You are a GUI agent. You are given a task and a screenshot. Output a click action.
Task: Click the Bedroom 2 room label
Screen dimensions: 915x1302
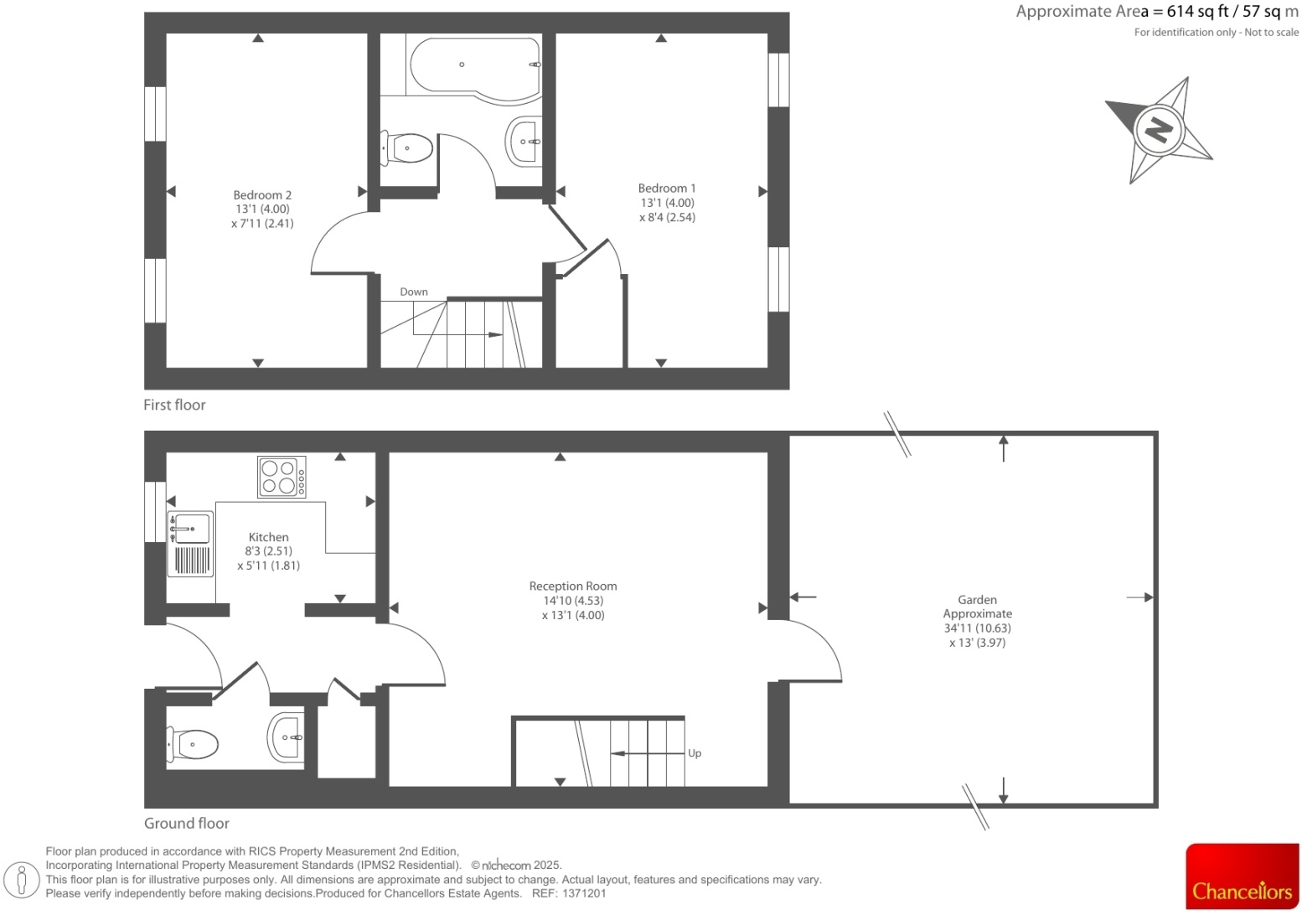click(262, 195)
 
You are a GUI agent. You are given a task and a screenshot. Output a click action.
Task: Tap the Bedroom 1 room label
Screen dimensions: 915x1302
click(667, 189)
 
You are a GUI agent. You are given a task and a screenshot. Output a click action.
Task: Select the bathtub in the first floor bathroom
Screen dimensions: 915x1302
click(474, 67)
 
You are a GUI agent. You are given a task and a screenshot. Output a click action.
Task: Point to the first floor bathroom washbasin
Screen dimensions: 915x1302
click(524, 142)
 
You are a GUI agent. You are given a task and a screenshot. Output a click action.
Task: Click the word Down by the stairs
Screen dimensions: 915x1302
click(414, 292)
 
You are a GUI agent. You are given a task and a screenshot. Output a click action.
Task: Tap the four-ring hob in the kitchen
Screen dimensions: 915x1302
click(282, 477)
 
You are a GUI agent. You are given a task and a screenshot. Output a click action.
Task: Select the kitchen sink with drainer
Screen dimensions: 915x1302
click(190, 544)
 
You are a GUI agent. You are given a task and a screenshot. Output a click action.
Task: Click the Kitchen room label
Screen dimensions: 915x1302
click(268, 537)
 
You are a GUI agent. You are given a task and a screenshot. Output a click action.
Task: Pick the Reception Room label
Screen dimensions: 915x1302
click(573, 587)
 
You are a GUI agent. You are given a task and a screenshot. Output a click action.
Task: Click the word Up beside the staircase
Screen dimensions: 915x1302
click(695, 753)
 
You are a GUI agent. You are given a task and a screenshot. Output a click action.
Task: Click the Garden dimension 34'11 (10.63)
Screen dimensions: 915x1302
click(977, 628)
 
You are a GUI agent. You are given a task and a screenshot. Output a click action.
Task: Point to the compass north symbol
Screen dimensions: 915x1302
click(1159, 130)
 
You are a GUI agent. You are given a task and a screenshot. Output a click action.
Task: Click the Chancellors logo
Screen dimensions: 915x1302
click(1242, 876)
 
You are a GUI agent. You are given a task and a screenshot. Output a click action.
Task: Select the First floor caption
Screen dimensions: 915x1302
click(174, 405)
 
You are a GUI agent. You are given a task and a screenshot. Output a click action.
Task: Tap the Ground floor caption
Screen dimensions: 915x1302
click(187, 823)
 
